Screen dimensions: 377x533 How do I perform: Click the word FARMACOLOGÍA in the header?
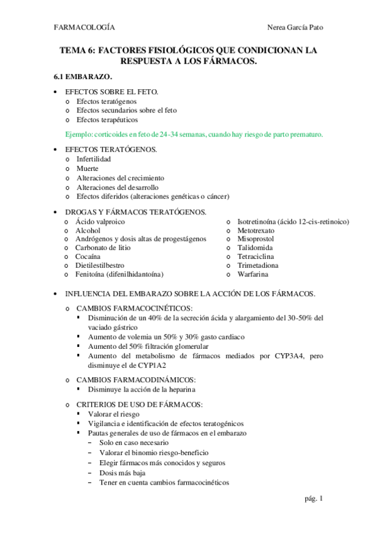coord(84,28)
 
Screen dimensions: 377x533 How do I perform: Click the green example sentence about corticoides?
coord(194,134)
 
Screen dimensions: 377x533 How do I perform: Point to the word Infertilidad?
coord(94,160)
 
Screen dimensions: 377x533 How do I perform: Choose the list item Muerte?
coord(87,169)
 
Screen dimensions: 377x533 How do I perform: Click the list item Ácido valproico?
coord(100,222)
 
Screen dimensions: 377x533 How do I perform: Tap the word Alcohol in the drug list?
coord(88,231)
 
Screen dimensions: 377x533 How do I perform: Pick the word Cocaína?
coord(89,257)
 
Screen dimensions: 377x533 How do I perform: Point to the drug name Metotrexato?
coord(256,231)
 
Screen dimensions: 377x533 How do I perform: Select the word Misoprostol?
coord(256,239)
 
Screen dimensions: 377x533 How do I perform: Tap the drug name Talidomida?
coord(254,248)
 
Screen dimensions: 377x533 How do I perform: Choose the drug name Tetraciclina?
coord(256,257)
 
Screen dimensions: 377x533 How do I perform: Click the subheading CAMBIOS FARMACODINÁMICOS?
coord(136,380)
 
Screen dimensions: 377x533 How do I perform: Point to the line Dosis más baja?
coord(122,473)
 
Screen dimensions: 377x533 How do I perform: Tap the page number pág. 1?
coord(313,499)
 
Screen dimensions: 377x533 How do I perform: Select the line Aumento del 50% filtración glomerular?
coord(149,346)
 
